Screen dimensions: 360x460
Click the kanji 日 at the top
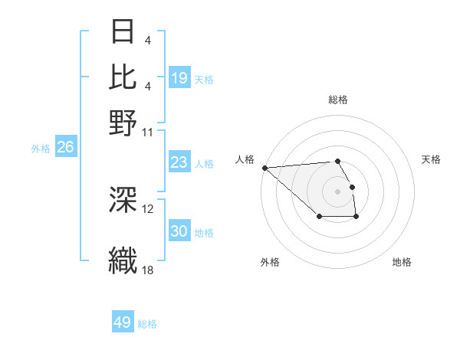(123, 32)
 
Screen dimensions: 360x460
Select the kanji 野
(123, 122)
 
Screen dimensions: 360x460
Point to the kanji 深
(123, 200)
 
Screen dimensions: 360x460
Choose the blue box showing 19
(179, 78)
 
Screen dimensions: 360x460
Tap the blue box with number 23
(179, 162)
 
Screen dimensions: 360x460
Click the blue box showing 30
(179, 231)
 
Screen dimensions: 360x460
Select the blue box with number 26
(65, 148)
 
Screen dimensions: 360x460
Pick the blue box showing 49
(123, 322)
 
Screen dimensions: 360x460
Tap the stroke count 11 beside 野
(148, 131)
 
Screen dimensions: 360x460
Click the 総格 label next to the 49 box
(147, 324)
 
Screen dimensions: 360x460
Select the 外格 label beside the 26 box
(41, 149)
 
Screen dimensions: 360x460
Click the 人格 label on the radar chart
(245, 159)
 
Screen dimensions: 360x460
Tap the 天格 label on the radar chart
(431, 159)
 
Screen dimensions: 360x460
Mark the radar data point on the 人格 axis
(264, 168)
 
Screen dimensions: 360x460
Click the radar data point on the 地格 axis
(356, 218)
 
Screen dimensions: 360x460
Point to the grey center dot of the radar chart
(337, 191)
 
